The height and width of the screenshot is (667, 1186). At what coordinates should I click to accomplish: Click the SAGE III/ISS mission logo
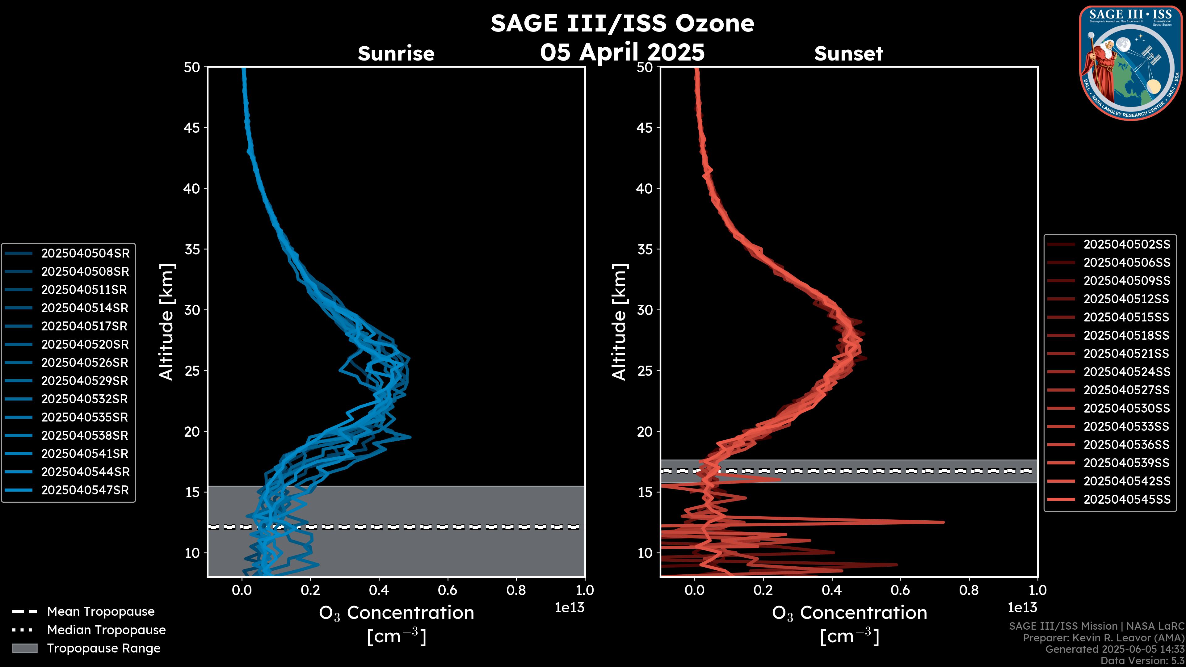pos(1131,63)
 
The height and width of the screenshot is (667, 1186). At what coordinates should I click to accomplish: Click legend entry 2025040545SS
pos(1127,499)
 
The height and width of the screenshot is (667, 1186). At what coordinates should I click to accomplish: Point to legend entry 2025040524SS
pos(1127,372)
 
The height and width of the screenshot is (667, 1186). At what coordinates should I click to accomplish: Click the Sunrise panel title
pos(396,54)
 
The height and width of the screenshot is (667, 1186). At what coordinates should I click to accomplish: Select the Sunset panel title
pos(848,54)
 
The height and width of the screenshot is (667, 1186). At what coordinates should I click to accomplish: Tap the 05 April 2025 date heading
pos(622,52)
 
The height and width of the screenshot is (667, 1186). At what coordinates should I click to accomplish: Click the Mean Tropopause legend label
pos(101,612)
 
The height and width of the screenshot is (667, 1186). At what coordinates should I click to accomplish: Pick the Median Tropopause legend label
pos(106,630)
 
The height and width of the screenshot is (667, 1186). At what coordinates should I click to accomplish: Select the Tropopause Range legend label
pos(103,648)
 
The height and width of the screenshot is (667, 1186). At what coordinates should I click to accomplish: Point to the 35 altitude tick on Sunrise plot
pos(192,250)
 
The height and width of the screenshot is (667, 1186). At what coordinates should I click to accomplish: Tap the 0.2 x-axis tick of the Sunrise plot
pos(310,590)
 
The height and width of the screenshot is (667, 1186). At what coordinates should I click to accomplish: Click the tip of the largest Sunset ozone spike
pos(943,522)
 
